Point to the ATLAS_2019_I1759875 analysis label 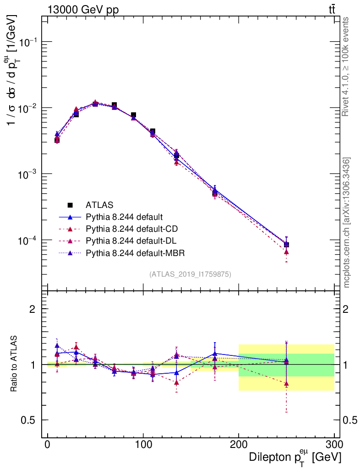point(190,274)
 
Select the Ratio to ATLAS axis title point(14,364)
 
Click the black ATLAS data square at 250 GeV point(286,245)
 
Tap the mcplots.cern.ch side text point(347,223)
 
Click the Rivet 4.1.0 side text point(347,66)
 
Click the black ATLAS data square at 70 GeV point(114,105)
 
